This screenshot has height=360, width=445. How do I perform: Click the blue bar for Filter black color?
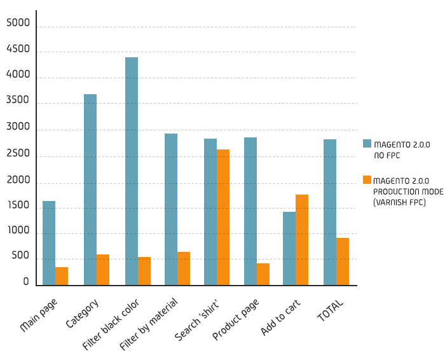coord(132,171)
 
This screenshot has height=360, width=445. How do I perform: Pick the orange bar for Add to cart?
coord(302,240)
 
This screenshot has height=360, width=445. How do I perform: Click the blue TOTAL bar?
coord(330,212)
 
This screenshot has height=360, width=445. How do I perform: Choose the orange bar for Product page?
coord(263,274)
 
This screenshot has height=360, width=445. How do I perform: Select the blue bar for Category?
coord(90,190)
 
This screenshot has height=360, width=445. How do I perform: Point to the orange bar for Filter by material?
coord(184,268)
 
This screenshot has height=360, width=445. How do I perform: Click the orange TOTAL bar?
coord(343,261)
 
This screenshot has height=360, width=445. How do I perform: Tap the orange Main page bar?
coord(62,276)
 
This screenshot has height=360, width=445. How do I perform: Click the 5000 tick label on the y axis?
coord(18,24)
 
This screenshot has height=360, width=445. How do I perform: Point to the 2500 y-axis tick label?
coord(18,154)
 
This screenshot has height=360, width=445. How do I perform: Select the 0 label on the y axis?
coord(26,282)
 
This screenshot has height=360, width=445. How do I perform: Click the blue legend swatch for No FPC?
coord(367,144)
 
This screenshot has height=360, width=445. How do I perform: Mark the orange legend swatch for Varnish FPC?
coord(367,180)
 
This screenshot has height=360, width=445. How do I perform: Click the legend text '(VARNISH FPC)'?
coord(399,202)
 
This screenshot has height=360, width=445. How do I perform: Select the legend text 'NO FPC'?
coord(387,155)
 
